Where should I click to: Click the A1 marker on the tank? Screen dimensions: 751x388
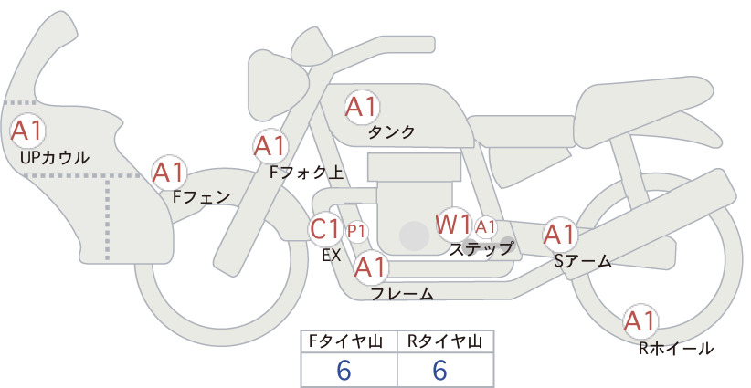(x=362, y=108)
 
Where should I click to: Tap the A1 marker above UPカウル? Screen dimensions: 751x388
(x=27, y=131)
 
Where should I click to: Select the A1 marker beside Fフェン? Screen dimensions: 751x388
(x=169, y=173)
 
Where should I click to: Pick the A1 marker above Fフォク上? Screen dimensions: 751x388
(x=270, y=146)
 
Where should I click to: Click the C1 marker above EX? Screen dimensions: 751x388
(x=325, y=228)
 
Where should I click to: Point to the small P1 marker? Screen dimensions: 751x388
(x=356, y=232)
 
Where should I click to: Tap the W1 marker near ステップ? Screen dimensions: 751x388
(x=453, y=224)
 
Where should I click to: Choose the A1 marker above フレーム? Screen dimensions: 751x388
(x=371, y=267)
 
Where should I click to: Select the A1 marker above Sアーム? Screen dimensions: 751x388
(x=559, y=235)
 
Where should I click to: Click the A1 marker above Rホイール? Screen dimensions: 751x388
(x=640, y=321)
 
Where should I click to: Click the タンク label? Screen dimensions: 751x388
(x=391, y=132)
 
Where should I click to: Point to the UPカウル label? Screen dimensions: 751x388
(x=55, y=157)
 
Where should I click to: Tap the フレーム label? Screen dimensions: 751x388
(x=402, y=293)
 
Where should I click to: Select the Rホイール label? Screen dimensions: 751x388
(x=676, y=349)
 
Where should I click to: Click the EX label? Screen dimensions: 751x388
(x=332, y=256)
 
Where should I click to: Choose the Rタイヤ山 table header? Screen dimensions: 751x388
(x=445, y=341)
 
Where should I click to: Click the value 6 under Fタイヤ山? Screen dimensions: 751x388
(x=344, y=370)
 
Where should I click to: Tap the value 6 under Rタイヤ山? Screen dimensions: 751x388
(x=439, y=370)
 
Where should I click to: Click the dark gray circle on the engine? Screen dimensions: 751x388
(x=414, y=236)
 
